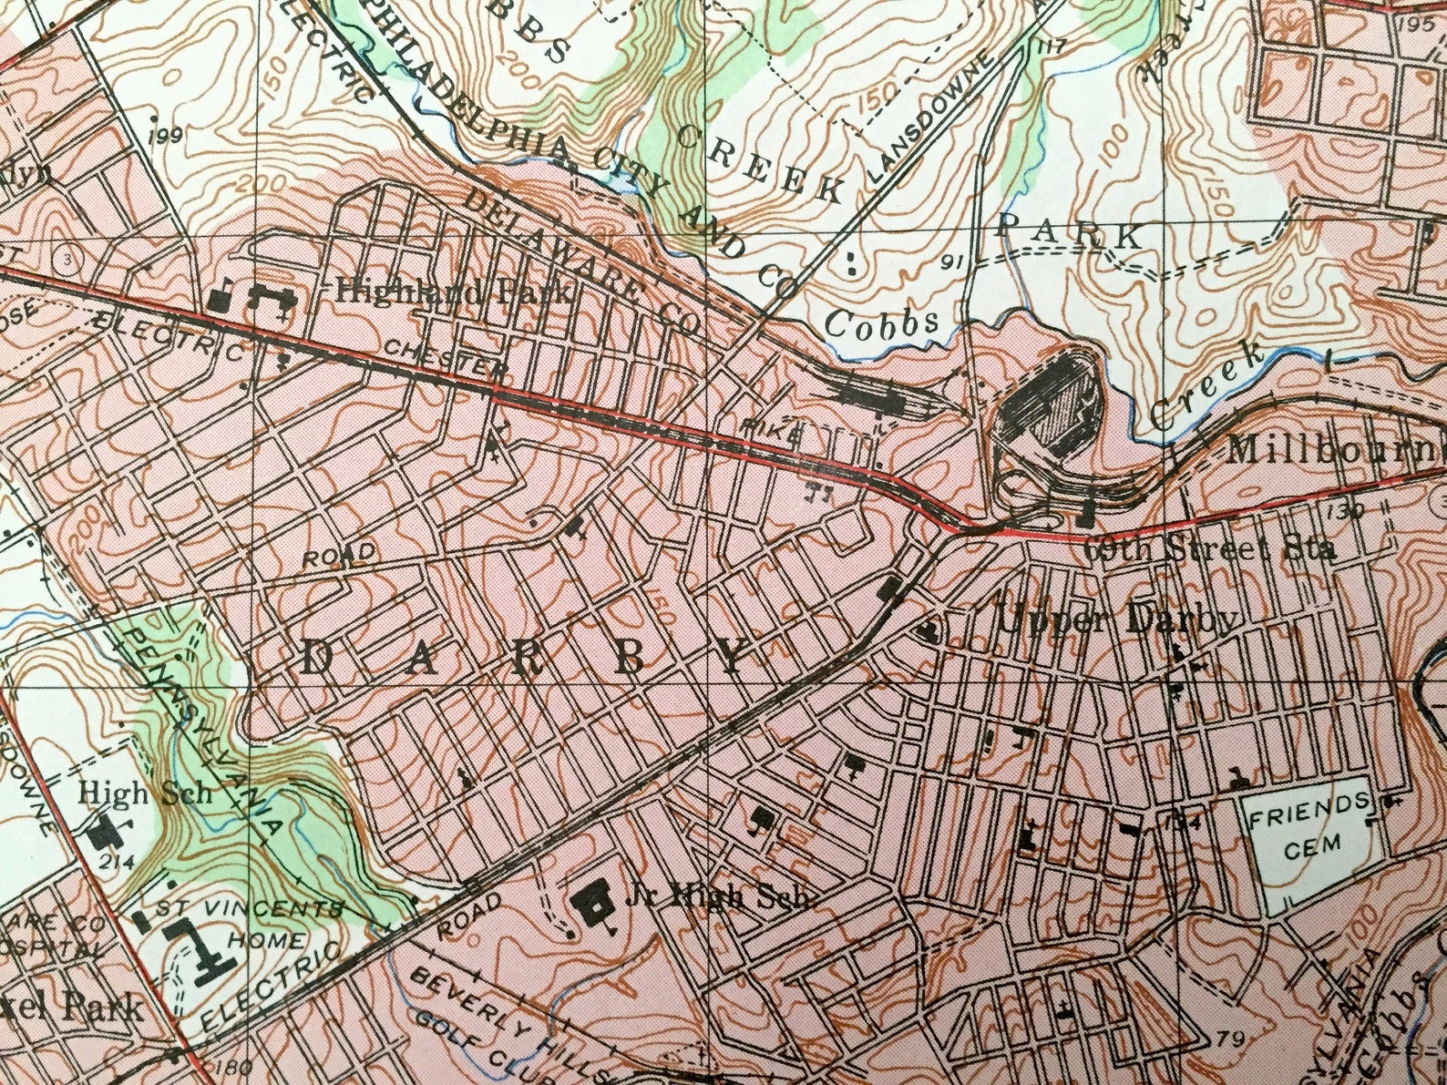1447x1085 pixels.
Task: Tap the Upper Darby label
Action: point(1118,620)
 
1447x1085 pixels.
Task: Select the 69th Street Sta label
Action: point(1212,550)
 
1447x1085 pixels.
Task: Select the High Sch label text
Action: point(145,793)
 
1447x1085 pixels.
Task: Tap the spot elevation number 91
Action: point(953,264)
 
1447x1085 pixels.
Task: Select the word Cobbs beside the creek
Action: point(882,322)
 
